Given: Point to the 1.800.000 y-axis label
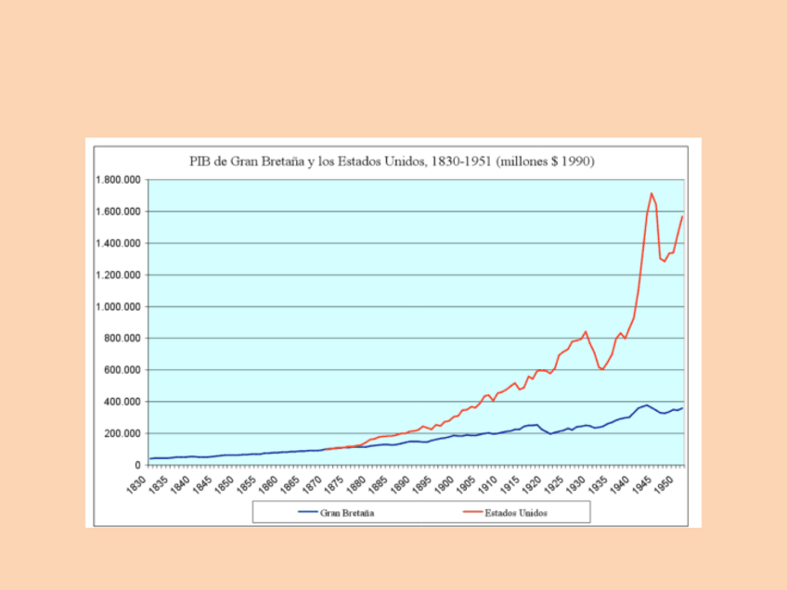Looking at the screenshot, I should pos(120,180).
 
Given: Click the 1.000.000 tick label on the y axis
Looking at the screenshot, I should pos(120,307).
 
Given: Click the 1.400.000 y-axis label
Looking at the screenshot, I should pos(120,243).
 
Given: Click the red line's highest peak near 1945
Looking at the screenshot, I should pos(652,193).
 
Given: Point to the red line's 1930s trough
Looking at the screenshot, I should pos(602,369).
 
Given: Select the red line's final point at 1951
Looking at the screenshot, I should pos(683,216).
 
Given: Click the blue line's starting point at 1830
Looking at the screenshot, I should pos(150,458).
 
